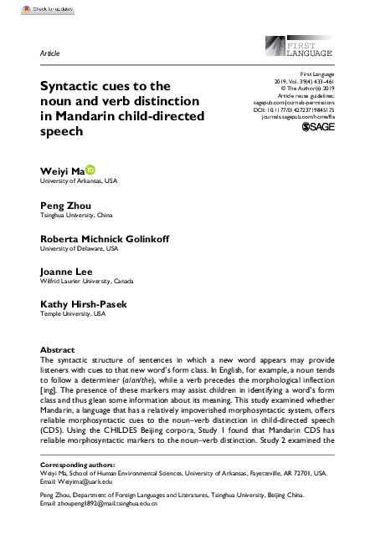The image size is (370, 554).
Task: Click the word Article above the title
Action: pos(49,53)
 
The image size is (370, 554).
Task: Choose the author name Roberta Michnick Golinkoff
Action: pos(105,238)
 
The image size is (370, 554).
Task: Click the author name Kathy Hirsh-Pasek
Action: pos(84,304)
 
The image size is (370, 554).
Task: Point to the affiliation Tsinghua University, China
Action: pos(81,215)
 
